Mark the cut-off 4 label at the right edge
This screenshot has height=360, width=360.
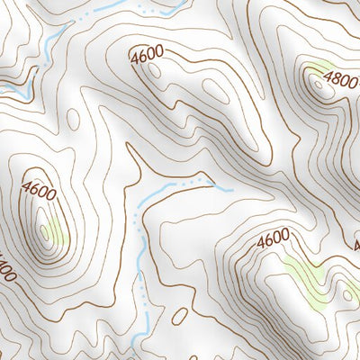pos(356,267)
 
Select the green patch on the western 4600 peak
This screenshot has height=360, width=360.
pos(56,231)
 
